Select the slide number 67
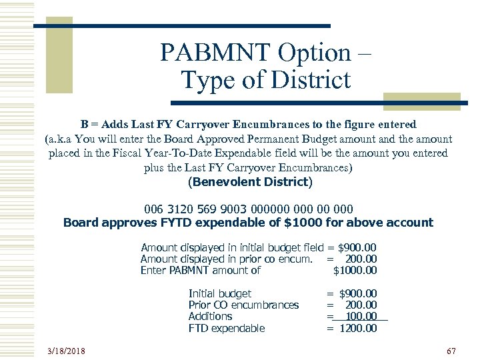(x=450, y=351)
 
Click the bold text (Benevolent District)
(x=249, y=181)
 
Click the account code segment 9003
(x=235, y=209)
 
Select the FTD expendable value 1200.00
(x=358, y=328)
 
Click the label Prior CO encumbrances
(x=243, y=305)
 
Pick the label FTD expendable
(x=227, y=328)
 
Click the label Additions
(x=210, y=317)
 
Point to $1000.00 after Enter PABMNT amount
(x=355, y=271)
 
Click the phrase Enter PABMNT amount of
(x=200, y=271)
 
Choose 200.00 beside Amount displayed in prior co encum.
(x=361, y=259)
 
